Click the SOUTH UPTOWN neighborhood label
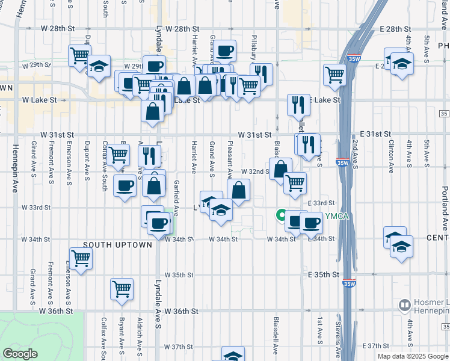pos(117,245)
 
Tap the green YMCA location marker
pos(281,214)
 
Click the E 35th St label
pos(327,274)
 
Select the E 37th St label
pos(377,346)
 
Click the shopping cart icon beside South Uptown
pos(81,258)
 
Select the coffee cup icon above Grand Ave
pos(225,51)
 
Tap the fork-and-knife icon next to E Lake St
pos(298,106)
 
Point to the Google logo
pos(20,354)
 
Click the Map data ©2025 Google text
pos(413,356)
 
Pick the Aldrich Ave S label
pos(140,331)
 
